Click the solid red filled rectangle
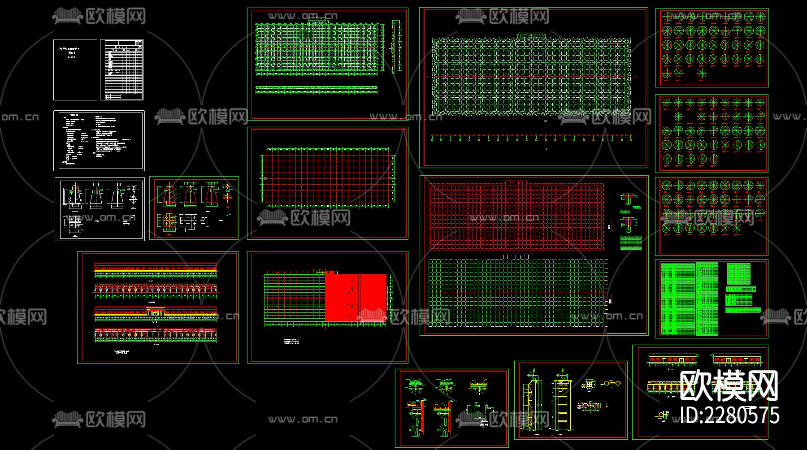point(356,298)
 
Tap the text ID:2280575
point(729,415)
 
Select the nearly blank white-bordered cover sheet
point(75,69)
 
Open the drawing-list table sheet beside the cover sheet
point(121,69)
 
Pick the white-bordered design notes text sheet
point(99,141)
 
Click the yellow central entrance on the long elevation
point(156,312)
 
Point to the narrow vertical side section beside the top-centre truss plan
point(396,46)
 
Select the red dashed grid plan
point(516,216)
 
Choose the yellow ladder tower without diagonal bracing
point(560,406)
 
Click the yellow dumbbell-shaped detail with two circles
point(611,384)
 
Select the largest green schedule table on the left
point(678,299)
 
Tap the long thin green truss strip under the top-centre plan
point(317,90)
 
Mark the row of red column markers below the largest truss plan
point(531,138)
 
